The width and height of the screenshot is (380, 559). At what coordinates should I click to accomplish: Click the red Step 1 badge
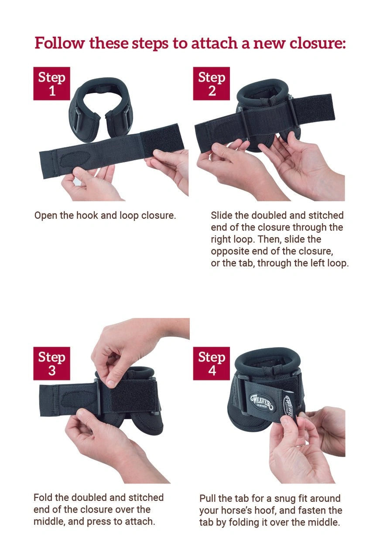[51, 83]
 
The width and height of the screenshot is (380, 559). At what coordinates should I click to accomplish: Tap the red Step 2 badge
[211, 83]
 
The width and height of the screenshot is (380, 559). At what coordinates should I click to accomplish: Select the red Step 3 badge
[51, 363]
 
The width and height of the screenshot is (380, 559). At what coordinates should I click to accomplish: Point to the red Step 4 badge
[211, 363]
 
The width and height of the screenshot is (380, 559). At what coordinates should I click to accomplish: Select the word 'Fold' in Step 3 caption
[43, 497]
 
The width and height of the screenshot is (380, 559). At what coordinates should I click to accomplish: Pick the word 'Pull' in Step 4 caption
[208, 498]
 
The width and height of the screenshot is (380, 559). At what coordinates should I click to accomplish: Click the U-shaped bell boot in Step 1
[100, 105]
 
